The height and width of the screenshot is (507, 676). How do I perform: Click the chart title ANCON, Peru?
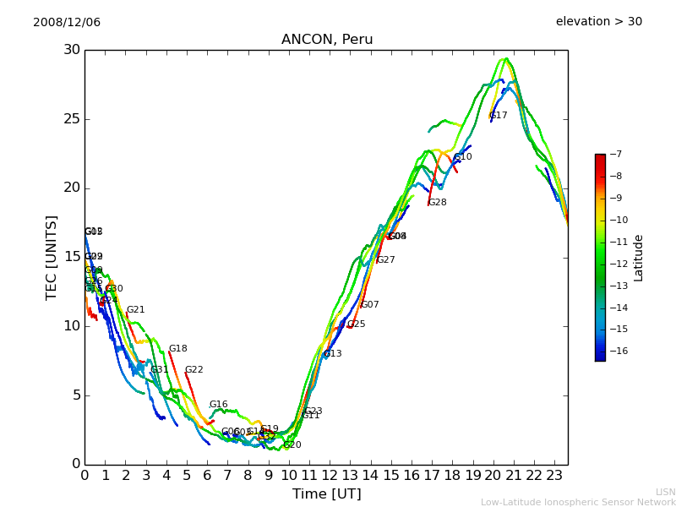click(x=326, y=40)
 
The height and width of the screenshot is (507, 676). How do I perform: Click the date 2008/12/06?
click(x=67, y=22)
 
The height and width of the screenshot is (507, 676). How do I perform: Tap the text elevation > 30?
click(x=598, y=22)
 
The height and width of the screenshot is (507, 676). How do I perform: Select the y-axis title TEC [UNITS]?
click(x=52, y=257)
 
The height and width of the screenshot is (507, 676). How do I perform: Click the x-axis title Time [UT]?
click(x=326, y=494)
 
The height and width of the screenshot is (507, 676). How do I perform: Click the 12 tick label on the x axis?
click(x=330, y=476)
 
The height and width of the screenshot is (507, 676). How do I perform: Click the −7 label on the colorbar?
click(x=614, y=155)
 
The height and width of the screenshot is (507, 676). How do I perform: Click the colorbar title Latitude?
click(x=639, y=257)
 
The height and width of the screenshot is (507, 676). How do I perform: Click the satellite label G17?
click(x=499, y=116)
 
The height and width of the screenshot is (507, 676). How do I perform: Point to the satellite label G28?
click(x=438, y=203)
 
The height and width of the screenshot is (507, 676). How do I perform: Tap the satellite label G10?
click(x=463, y=157)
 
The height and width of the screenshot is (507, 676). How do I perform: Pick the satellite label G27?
click(x=386, y=260)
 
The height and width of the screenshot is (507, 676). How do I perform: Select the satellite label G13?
click(x=333, y=354)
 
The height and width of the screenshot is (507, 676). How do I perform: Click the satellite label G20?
click(x=292, y=445)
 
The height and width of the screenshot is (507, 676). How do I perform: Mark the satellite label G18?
click(x=178, y=349)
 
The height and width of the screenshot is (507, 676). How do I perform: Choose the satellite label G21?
click(x=136, y=310)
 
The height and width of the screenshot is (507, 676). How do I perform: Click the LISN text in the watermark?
click(x=665, y=492)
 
